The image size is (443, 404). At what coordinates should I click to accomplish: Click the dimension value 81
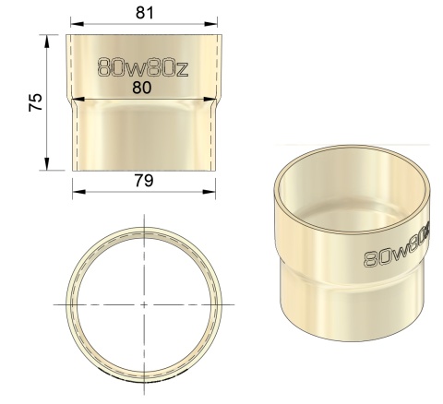[145, 12]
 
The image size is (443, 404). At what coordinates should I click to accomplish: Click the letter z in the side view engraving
[183, 67]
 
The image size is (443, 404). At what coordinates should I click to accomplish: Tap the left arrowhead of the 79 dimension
[76, 192]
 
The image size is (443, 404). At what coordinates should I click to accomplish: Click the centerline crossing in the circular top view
[146, 303]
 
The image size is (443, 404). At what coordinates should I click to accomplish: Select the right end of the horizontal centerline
[233, 303]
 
